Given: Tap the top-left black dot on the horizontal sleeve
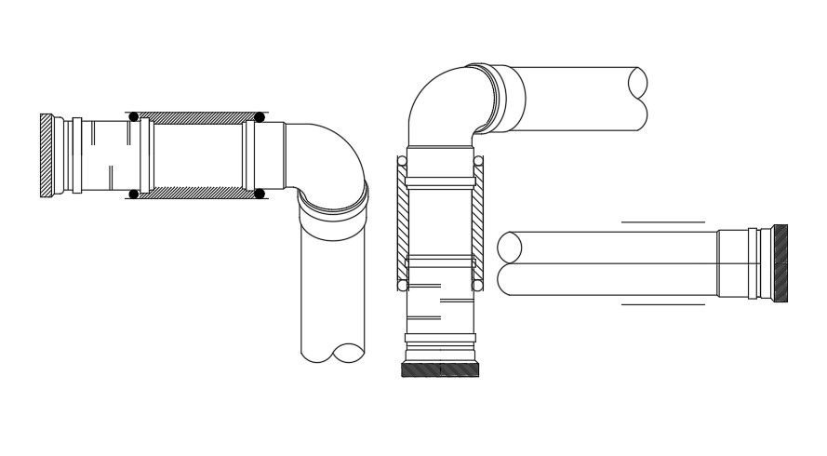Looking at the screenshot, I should (134, 117).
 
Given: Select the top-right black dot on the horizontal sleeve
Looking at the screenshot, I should (260, 117).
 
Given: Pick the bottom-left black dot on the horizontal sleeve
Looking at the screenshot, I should (134, 194).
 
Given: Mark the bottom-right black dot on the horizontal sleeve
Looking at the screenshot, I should (260, 194).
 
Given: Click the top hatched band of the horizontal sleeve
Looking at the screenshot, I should (196, 118).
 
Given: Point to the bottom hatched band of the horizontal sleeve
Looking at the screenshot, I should (196, 193).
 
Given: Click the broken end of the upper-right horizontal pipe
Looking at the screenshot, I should (638, 97).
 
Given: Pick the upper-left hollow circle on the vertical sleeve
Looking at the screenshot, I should (402, 161).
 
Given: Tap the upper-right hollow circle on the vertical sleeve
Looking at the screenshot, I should (478, 161).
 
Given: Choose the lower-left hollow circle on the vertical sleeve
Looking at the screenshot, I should (402, 286).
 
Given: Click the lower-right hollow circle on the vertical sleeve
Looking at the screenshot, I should (478, 286).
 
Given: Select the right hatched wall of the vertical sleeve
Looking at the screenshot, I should (477, 223).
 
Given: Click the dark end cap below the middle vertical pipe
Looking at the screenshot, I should (440, 369).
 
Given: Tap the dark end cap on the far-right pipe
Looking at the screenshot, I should (780, 263).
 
